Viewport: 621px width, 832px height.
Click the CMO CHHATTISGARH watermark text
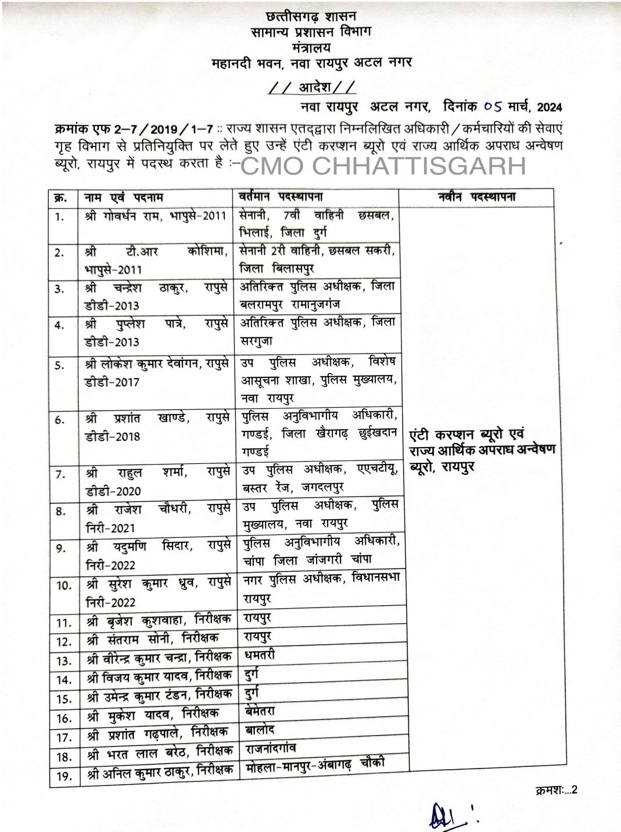[383, 166]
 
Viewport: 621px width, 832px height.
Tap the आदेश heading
[311, 88]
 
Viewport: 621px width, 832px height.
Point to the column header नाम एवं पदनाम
[123, 197]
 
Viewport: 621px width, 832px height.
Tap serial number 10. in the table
[64, 584]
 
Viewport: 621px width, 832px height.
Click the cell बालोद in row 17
[259, 729]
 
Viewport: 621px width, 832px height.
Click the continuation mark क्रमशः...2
[554, 789]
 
